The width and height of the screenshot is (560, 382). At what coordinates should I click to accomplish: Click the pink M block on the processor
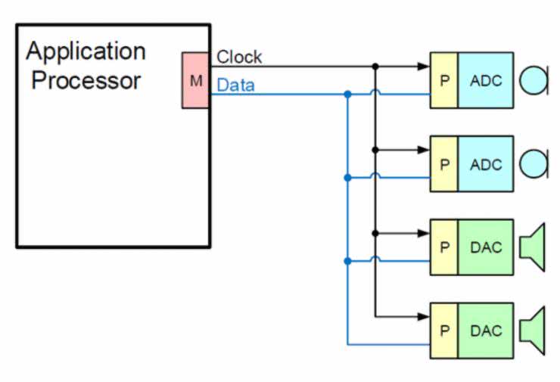click(194, 80)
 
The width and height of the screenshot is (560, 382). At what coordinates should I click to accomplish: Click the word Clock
click(239, 57)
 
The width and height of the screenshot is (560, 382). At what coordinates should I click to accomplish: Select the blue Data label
click(235, 85)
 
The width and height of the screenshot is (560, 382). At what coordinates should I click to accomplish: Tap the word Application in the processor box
click(86, 51)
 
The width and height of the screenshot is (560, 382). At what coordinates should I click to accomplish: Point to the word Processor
click(86, 80)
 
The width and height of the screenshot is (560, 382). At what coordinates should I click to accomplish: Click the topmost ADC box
click(485, 80)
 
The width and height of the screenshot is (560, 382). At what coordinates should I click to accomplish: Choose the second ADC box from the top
click(485, 163)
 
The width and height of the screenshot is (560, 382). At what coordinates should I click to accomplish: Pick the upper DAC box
click(485, 247)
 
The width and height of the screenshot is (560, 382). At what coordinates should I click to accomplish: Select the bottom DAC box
click(485, 331)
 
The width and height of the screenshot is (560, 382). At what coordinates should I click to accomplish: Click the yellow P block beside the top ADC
click(444, 80)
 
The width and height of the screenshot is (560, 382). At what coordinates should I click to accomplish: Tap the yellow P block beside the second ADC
click(444, 163)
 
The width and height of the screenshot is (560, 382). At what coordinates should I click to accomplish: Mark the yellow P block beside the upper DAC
click(444, 247)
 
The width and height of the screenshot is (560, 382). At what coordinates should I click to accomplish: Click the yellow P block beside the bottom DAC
click(444, 331)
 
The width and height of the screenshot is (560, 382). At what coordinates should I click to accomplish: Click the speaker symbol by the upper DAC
click(534, 247)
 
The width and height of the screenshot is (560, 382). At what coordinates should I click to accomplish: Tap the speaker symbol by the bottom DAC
click(534, 331)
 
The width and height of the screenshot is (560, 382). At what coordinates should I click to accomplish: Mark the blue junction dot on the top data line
click(347, 95)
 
